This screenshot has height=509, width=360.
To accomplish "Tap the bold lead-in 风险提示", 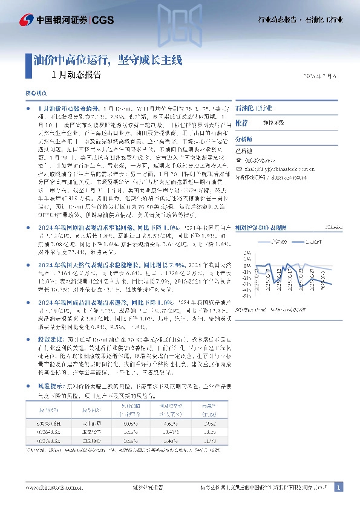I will [50, 385].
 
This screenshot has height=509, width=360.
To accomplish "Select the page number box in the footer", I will [338, 487].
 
